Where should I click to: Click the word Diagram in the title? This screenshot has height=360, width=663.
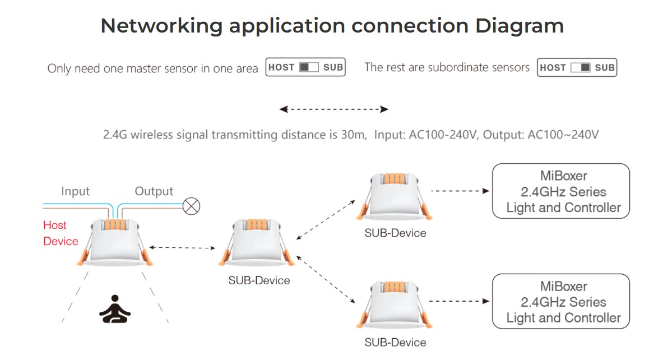click(519, 26)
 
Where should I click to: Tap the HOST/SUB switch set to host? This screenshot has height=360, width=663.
click(305, 67)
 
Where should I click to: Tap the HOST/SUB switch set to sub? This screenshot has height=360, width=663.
click(577, 68)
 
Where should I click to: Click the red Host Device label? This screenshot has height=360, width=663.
click(60, 233)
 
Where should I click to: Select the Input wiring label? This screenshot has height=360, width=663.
click(75, 191)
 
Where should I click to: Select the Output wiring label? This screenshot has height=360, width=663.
click(154, 191)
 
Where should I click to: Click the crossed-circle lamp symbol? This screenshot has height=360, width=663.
click(192, 206)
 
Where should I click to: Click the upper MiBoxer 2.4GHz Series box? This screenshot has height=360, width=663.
click(560, 191)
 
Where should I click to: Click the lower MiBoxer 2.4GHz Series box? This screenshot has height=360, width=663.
click(560, 301)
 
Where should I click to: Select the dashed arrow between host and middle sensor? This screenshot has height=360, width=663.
click(183, 247)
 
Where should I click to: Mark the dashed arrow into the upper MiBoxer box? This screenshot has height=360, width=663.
click(460, 191)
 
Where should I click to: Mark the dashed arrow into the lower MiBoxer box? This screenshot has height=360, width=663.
click(460, 301)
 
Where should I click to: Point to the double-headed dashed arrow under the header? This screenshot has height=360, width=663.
click(333, 109)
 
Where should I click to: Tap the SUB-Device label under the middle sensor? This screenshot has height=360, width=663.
click(259, 280)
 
